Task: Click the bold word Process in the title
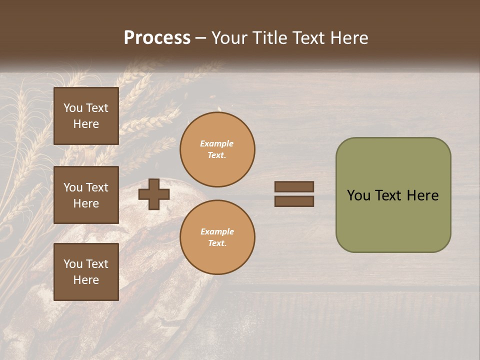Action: (x=157, y=38)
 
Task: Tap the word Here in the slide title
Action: (x=349, y=38)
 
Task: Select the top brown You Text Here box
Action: (x=86, y=116)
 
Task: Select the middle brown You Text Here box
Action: (x=86, y=195)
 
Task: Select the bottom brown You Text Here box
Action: (x=86, y=272)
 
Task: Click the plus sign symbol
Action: (x=153, y=194)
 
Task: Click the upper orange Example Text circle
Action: (x=217, y=149)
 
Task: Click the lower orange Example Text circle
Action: (x=217, y=237)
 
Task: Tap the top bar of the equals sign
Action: (x=294, y=186)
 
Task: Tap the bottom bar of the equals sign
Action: (x=294, y=201)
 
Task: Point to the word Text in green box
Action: (x=388, y=195)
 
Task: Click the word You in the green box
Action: (x=358, y=195)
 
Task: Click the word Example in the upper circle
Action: (x=217, y=143)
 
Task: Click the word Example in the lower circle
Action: (x=217, y=231)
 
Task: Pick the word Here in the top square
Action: (x=86, y=124)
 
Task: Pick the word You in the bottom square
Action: (x=73, y=264)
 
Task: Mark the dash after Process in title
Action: (x=201, y=38)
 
